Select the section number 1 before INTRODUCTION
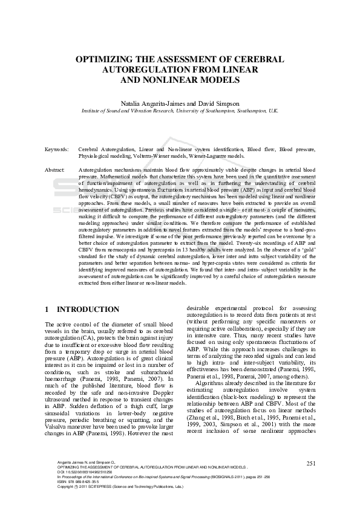point(47,310)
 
